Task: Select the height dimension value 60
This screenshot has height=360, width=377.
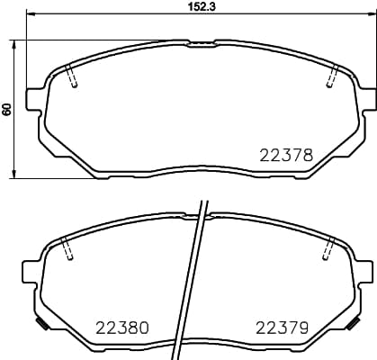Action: pos(7,109)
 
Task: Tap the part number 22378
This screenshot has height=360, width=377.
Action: pos(286,155)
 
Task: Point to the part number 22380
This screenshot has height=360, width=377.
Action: pos(121,326)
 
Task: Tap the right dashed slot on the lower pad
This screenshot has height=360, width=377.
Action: pos(329,247)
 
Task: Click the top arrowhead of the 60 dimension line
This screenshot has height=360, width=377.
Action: pos(15,42)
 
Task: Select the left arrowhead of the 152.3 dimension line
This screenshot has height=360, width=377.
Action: pos(29,14)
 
